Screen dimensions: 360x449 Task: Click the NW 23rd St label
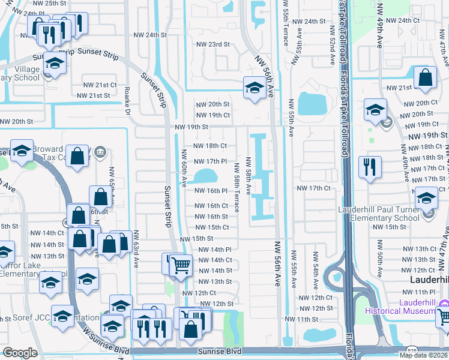click(x=213, y=44)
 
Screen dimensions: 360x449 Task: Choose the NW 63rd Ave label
click(x=137, y=250)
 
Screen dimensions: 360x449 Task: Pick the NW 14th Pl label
click(x=215, y=250)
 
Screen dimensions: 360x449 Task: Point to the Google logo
click(x=20, y=353)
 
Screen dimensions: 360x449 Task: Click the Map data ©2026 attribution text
click(x=424, y=355)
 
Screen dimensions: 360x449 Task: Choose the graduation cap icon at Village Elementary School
click(x=55, y=64)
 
